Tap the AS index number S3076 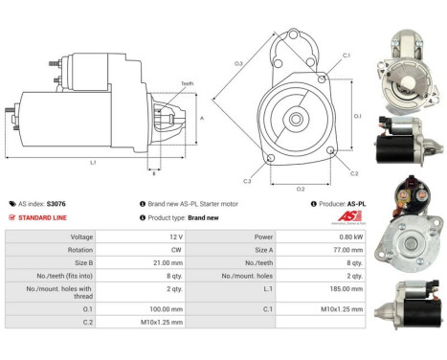click(58, 204)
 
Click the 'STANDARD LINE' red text click(43, 217)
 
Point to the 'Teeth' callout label click(187, 84)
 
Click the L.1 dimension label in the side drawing click(93, 162)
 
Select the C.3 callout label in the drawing click(247, 180)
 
